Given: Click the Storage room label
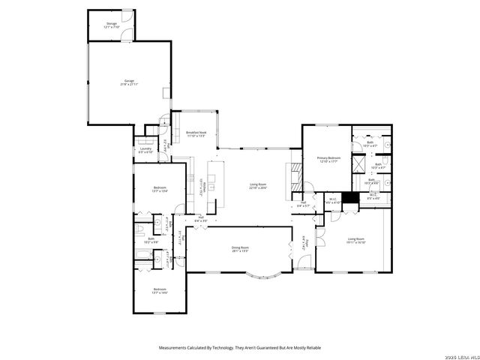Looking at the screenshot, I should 111,25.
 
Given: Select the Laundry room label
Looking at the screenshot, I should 146,150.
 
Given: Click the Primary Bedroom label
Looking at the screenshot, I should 328,159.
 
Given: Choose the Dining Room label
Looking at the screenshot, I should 240,248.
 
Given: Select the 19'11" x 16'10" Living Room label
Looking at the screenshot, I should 355,241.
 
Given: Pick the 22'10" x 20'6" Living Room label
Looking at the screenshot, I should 259,185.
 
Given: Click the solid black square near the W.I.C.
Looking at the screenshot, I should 349,199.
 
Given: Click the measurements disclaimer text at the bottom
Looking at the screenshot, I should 240,347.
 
